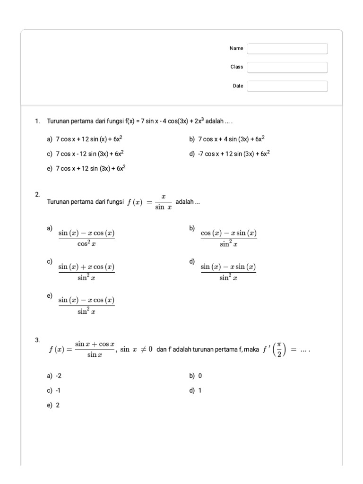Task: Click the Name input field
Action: (x=287, y=49)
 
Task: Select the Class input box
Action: (x=287, y=68)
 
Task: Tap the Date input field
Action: (x=287, y=86)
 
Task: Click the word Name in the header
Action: (x=236, y=48)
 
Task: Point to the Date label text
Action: (x=238, y=86)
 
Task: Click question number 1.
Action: (x=37, y=121)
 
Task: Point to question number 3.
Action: (x=37, y=340)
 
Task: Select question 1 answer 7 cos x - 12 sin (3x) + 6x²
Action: (x=90, y=154)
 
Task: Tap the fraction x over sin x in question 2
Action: (x=163, y=202)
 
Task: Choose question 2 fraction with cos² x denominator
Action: (x=86, y=238)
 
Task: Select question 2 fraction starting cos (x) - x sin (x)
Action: (x=229, y=238)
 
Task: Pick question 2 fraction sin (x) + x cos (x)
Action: (x=86, y=271)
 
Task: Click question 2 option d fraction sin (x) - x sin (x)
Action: (x=228, y=271)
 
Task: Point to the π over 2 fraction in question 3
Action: (x=280, y=350)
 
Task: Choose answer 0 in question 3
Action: (x=200, y=376)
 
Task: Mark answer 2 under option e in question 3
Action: (x=58, y=405)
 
